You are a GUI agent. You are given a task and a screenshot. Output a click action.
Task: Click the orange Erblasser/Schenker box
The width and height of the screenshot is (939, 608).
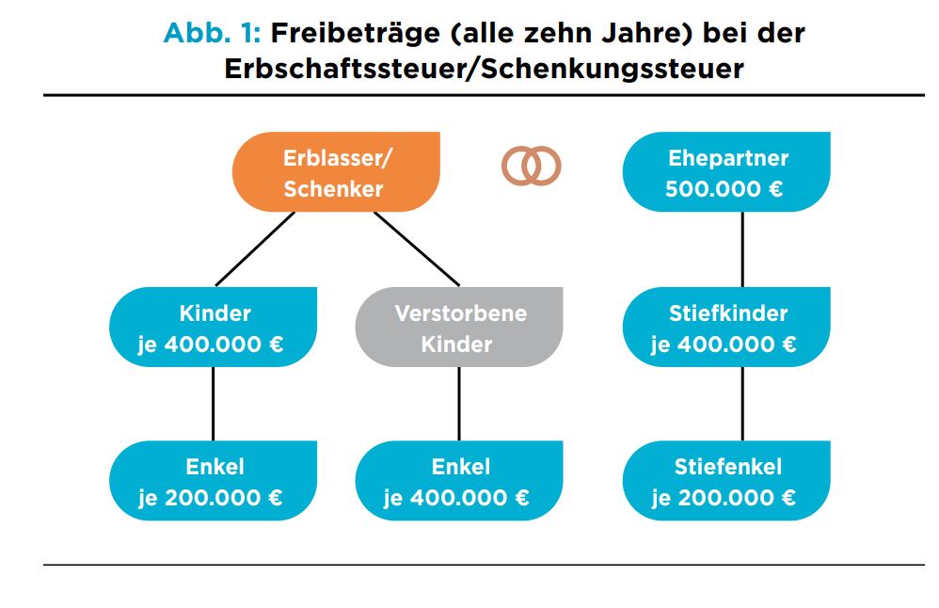tap(336, 172)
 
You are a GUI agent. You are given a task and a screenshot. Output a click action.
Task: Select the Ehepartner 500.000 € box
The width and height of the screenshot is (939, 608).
tap(726, 172)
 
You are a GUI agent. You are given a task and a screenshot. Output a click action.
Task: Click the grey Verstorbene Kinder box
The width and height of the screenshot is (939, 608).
tap(459, 328)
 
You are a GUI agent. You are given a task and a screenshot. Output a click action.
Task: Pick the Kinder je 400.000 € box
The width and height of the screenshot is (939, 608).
tap(214, 328)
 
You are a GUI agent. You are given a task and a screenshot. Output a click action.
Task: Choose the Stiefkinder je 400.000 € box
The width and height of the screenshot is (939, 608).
tap(726, 328)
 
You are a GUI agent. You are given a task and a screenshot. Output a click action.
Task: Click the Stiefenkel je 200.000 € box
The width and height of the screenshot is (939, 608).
tap(726, 480)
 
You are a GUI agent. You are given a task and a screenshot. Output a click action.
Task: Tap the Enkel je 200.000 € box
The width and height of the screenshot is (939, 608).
tap(214, 480)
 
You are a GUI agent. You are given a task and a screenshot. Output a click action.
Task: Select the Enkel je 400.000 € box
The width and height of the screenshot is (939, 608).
tap(459, 480)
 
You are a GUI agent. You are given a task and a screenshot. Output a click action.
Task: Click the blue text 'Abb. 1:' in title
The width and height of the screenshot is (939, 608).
tap(212, 33)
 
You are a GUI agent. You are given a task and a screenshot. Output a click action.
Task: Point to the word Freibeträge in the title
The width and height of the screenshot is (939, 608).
tap(356, 34)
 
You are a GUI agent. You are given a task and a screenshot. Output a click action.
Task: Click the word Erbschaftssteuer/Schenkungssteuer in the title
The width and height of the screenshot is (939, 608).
tap(484, 69)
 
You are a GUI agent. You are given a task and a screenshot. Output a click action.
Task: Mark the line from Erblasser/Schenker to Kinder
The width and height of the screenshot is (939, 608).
tap(255, 249)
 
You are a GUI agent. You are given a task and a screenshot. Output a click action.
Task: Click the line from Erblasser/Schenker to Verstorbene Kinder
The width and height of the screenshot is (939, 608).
tap(417, 249)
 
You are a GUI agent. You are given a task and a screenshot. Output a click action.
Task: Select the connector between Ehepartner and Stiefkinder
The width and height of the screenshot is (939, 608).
tap(742, 249)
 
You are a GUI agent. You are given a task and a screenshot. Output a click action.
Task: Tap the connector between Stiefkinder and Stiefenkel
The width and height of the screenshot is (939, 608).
tap(742, 404)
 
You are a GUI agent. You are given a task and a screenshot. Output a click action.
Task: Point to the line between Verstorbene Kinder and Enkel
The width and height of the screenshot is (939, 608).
tap(459, 404)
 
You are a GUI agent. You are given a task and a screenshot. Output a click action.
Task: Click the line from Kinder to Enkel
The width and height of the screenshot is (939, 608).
tap(214, 404)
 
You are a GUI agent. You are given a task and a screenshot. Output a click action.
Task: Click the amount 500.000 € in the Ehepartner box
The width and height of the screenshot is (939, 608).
tap(724, 189)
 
